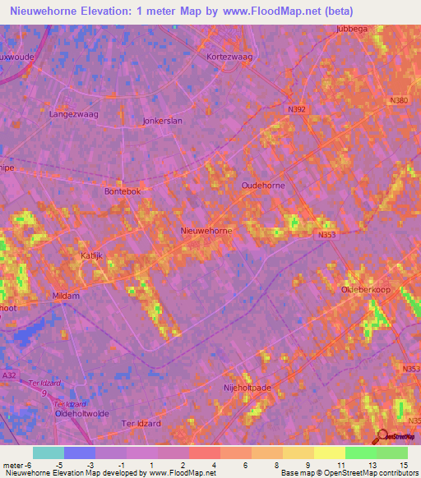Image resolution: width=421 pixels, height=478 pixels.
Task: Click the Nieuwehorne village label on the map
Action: tap(206, 231)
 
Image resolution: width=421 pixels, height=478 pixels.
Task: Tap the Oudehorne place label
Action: tap(262, 186)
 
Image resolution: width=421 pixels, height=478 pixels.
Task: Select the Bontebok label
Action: tap(123, 191)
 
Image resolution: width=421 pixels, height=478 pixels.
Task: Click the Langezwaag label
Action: tap(73, 114)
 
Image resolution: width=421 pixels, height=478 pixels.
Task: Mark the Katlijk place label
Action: tap(91, 256)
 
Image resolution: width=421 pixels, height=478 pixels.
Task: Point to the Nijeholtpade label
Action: tap(247, 385)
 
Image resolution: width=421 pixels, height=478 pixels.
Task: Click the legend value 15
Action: tap(403, 465)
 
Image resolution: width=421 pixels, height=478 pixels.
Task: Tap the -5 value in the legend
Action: tap(60, 465)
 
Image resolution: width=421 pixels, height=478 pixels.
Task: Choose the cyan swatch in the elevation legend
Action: tap(48, 453)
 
